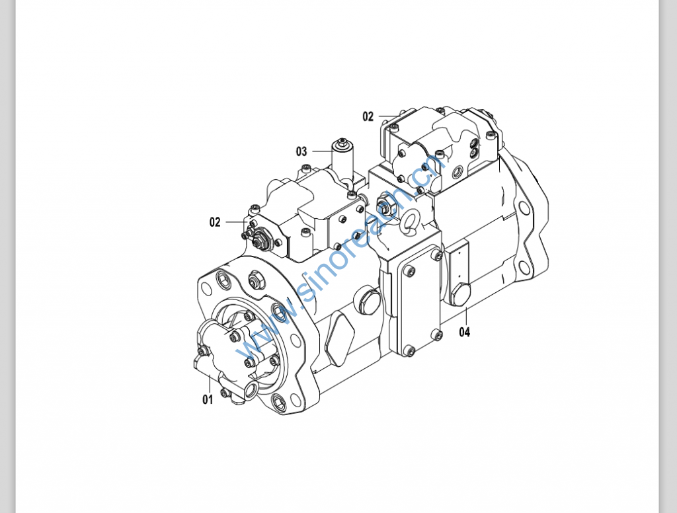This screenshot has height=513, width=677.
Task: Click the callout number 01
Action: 208,399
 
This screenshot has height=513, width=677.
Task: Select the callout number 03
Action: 301,151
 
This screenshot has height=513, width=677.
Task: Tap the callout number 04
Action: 464,332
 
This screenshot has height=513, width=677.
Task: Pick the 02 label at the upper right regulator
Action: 368,116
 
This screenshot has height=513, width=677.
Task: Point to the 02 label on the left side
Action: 215,222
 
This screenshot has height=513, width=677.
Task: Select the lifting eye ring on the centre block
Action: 409,221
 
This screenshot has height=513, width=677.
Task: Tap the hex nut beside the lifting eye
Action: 384,204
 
